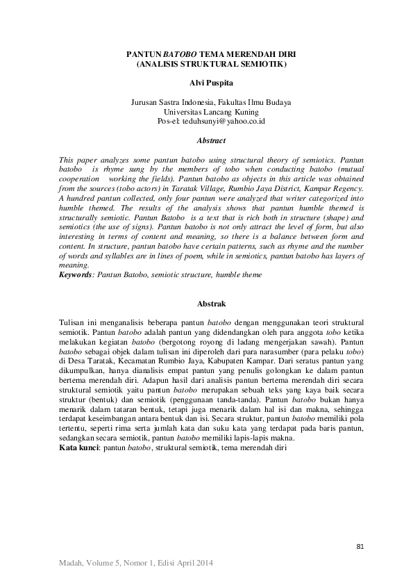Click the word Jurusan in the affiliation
pyautogui.click(x=144, y=102)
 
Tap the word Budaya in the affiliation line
pyautogui.click(x=277, y=102)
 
